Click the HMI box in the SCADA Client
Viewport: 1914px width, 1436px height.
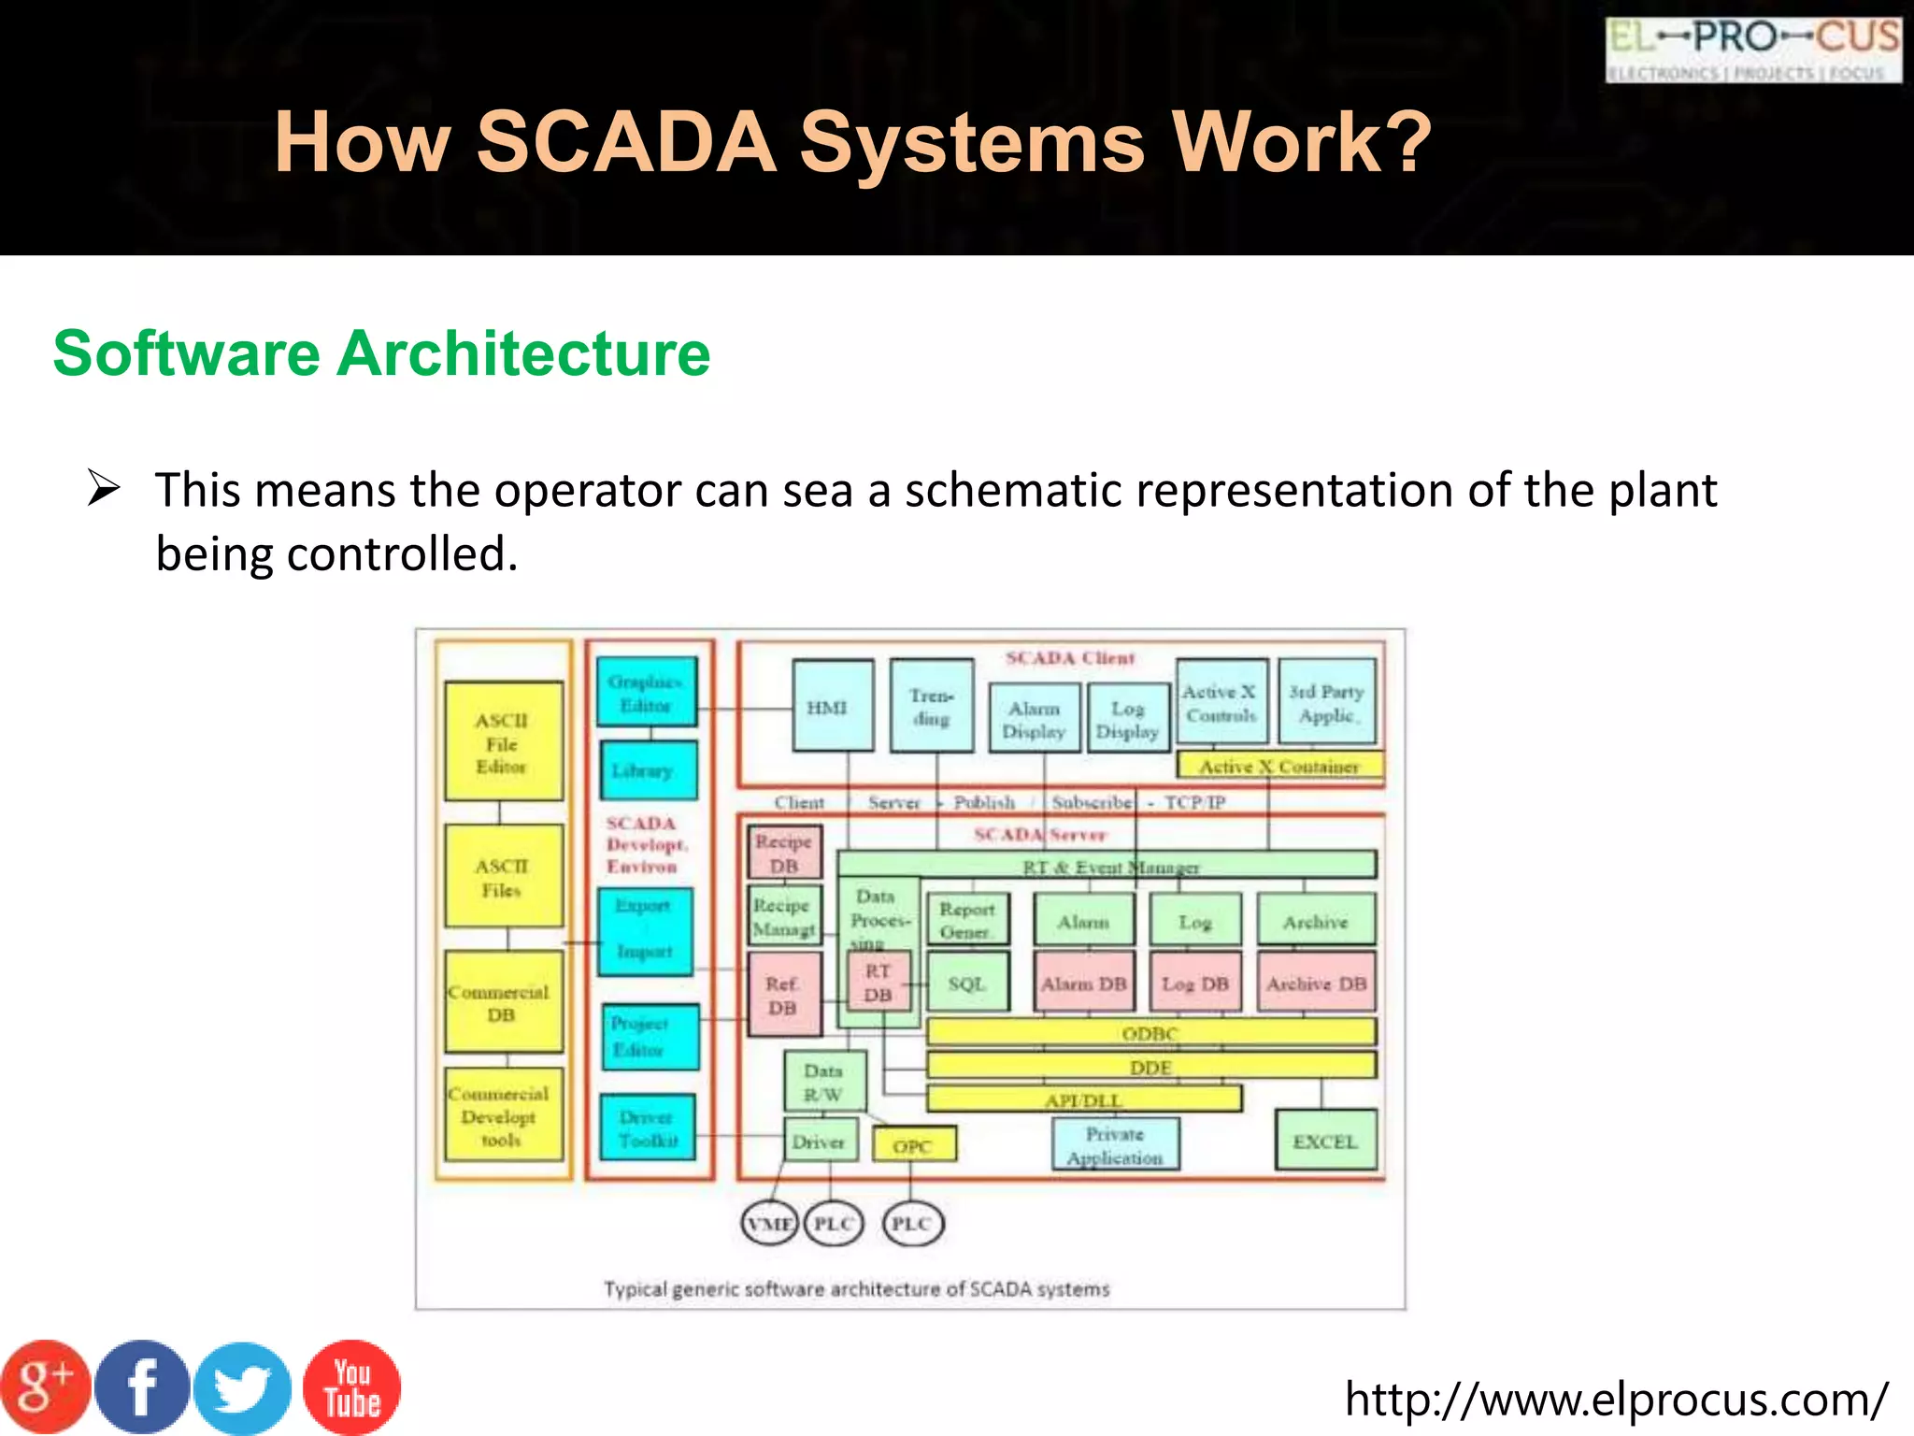click(x=833, y=706)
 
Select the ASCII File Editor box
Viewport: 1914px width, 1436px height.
click(x=503, y=741)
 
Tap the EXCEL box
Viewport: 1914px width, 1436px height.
click(x=1325, y=1140)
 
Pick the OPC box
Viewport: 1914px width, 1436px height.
click(x=913, y=1144)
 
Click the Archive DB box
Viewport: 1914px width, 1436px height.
click(x=1316, y=983)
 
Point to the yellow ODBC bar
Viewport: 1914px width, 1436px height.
click(x=1150, y=1032)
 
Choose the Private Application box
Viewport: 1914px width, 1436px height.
click(x=1115, y=1144)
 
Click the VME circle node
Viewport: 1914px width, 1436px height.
click(x=769, y=1223)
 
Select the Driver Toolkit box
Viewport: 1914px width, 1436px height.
click(x=648, y=1127)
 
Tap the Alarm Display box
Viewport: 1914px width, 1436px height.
click(x=1034, y=718)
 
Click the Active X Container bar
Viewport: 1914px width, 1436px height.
click(x=1278, y=766)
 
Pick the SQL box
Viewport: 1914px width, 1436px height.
click(x=968, y=983)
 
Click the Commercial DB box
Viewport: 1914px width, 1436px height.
click(x=503, y=1002)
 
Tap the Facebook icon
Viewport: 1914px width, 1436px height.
click(x=142, y=1386)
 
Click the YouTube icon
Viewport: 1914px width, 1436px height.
click(x=351, y=1387)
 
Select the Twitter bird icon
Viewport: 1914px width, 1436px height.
click(x=243, y=1388)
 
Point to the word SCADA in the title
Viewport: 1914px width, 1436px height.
click(x=626, y=142)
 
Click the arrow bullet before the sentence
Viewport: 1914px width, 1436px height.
click(x=103, y=489)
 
